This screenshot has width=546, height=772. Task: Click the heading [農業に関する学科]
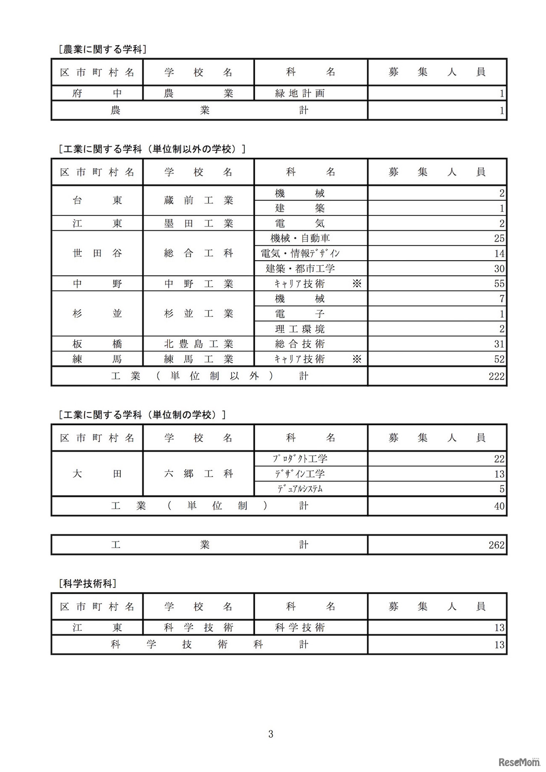click(x=103, y=49)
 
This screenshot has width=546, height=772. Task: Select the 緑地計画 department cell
click(x=300, y=93)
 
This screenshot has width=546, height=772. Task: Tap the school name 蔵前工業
click(x=199, y=200)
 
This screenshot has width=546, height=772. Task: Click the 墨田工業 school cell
click(x=199, y=223)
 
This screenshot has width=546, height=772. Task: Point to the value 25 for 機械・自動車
click(x=499, y=238)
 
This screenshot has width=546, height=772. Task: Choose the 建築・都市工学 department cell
click(x=300, y=269)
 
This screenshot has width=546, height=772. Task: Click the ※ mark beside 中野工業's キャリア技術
click(x=357, y=284)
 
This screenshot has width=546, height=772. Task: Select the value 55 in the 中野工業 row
click(x=499, y=284)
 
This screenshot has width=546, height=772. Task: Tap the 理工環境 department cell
click(x=300, y=329)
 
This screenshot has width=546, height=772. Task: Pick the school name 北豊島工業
click(x=199, y=344)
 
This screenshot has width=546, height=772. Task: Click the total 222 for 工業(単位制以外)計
click(x=497, y=376)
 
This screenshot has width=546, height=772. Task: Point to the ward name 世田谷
click(x=97, y=253)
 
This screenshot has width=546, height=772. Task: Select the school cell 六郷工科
click(x=199, y=474)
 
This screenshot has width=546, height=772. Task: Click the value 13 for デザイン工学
click(x=499, y=474)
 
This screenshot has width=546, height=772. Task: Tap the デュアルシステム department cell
click(x=300, y=489)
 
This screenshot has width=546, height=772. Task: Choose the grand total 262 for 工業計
click(x=497, y=545)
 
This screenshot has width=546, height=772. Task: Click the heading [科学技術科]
click(x=87, y=583)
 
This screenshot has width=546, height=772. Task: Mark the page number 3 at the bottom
click(x=271, y=734)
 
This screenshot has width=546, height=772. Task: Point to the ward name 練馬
click(x=97, y=359)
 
